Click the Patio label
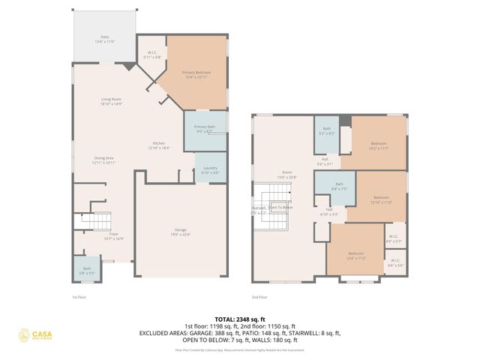point(104,38)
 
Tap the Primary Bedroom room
point(196,75)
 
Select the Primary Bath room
point(205,129)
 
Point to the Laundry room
point(210,170)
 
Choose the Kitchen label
point(159,145)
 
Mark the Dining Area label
point(103,160)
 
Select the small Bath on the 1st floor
point(87,270)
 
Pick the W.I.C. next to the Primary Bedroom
point(151,54)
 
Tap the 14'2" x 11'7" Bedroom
point(378,145)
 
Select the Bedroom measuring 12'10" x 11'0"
point(382,199)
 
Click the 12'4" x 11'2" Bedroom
point(355,256)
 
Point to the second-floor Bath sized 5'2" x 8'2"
point(326,130)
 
